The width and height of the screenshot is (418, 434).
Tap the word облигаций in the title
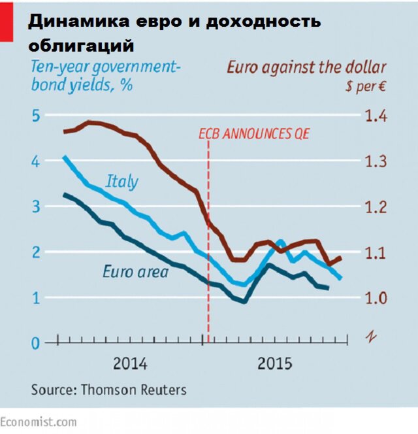coord(81,46)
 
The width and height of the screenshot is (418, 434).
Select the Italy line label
coord(122,180)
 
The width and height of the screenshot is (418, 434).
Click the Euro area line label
coord(135,271)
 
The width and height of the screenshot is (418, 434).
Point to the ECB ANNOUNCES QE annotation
coord(254,134)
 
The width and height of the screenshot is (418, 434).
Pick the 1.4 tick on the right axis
coord(376,116)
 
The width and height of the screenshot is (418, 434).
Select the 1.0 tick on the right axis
coord(376,298)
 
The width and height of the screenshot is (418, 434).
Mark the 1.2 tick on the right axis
coord(376,207)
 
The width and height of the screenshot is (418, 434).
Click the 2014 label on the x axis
coord(130,363)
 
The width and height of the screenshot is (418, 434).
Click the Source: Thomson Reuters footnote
coord(108,390)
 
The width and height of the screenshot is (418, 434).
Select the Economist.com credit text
coord(39,422)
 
